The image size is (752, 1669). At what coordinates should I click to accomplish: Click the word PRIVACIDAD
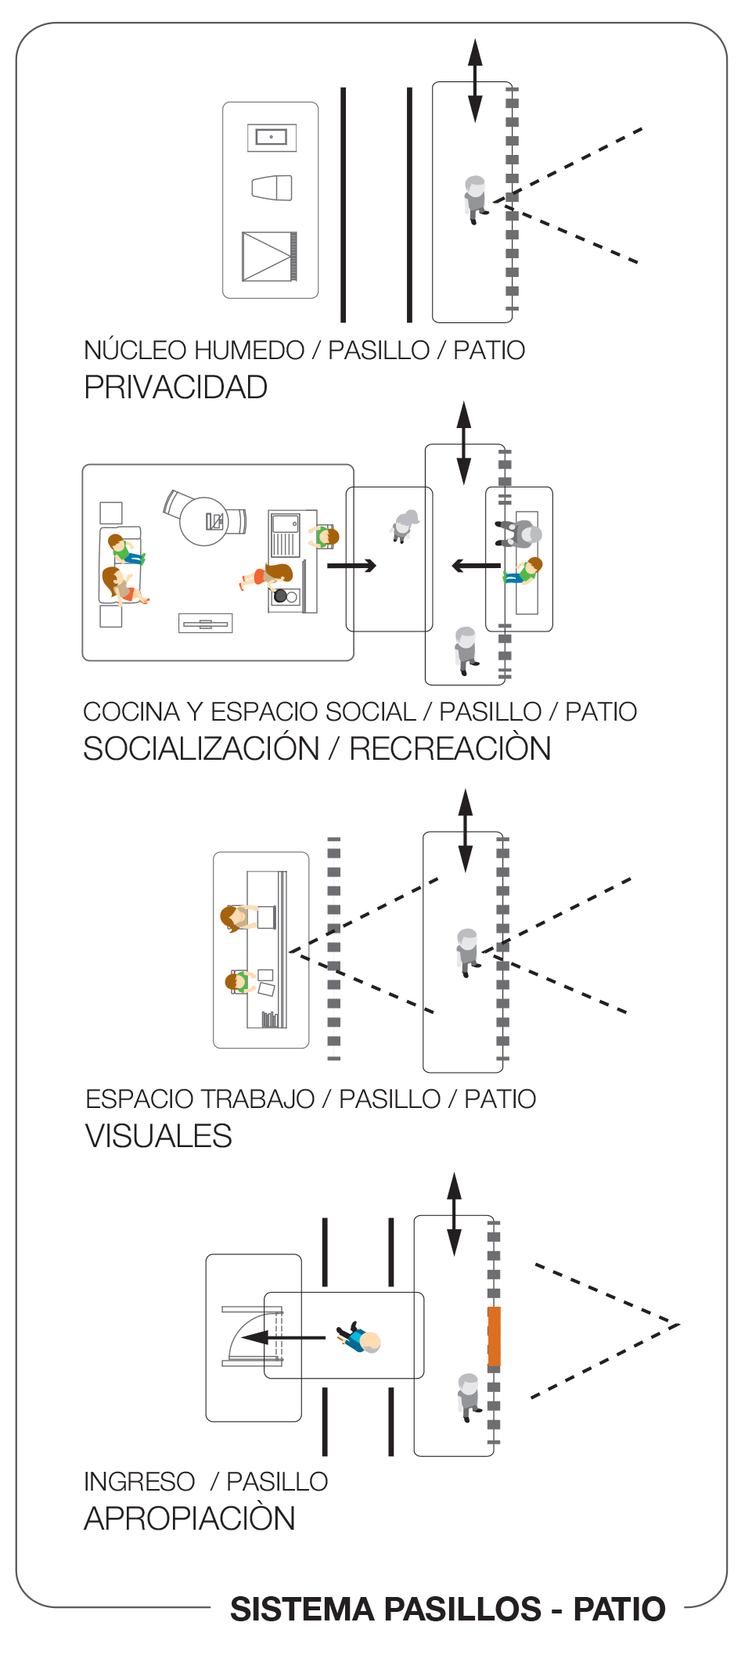point(175,387)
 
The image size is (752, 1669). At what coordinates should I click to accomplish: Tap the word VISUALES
point(158,1136)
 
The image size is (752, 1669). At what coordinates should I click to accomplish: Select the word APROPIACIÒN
point(189,1519)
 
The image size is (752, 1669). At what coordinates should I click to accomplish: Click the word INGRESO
point(139,1481)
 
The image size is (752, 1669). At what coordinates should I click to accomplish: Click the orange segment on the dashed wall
point(494,1336)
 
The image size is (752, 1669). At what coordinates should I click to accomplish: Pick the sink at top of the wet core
point(272,137)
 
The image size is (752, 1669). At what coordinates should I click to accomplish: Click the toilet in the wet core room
point(272,188)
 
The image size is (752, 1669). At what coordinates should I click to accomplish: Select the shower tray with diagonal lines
point(269,256)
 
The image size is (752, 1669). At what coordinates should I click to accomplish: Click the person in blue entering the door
point(359,1339)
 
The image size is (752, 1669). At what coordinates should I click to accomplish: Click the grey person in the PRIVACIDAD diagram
point(474,199)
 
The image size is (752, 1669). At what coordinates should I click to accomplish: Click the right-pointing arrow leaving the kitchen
point(351,565)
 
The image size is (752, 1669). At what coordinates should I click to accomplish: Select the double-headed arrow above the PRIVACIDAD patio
point(475,81)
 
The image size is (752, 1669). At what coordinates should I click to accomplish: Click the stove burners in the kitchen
point(285,596)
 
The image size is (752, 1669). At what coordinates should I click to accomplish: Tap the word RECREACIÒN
point(450,749)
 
